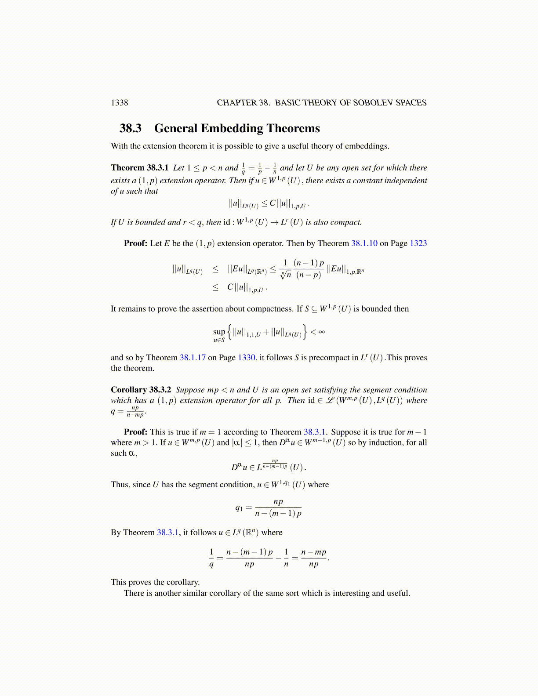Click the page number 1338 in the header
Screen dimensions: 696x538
(119, 103)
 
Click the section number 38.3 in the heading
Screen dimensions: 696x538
(131, 128)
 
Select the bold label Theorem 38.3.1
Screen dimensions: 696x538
(139, 168)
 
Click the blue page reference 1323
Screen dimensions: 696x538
(418, 243)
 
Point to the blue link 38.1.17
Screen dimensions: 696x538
(193, 358)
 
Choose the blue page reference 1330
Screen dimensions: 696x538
(246, 358)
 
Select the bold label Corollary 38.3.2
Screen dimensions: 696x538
(141, 390)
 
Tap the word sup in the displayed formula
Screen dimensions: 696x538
(219, 332)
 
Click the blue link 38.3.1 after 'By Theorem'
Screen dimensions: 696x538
(168, 533)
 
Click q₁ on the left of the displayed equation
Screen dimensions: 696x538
(239, 508)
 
